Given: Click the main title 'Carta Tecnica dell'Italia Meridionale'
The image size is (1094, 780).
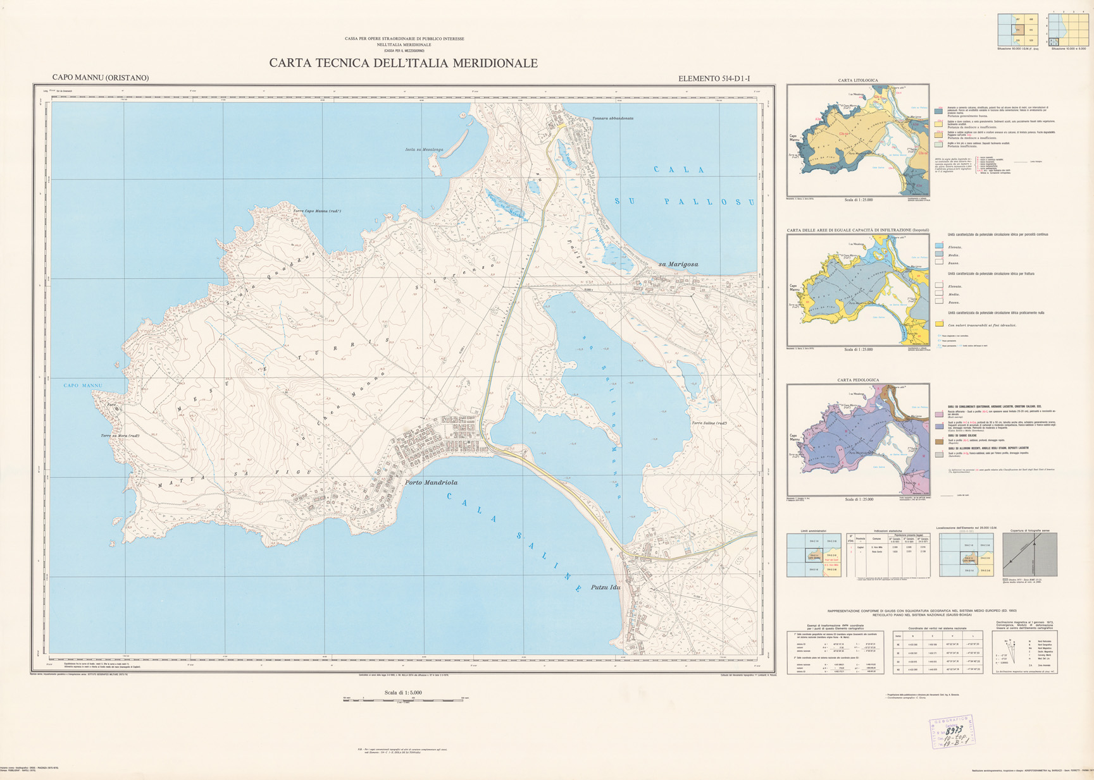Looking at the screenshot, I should pos(403,63).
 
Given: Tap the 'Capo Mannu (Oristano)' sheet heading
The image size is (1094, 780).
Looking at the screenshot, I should pos(101,78).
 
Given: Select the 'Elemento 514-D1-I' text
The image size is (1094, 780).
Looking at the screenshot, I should pos(714,79).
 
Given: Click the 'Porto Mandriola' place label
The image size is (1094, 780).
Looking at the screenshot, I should pos(431,482).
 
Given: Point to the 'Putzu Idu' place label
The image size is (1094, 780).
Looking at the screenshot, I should pos(605,587).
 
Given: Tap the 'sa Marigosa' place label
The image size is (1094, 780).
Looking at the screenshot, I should pos(678,264).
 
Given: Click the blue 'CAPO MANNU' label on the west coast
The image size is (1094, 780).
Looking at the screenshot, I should pos(82,386).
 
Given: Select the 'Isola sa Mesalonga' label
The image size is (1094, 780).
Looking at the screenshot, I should pos(424,150).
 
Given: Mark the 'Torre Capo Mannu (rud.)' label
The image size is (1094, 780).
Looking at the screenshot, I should pos(317,211).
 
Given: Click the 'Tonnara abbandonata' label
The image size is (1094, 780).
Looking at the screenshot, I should pos(612,118).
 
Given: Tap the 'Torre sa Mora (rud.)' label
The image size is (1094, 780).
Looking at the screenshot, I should pos(120,436).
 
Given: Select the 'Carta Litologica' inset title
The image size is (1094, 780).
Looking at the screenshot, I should pos(857,80).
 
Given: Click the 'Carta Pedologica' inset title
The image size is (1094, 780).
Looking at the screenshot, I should pos(857,380).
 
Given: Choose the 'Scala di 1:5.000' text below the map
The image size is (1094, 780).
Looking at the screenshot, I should pos(402,693).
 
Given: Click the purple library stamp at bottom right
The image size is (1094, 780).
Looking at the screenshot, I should pos(952,733).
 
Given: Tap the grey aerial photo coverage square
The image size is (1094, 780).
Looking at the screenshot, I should pos(1029,554).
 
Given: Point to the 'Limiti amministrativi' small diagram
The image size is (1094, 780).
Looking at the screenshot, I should pos(814,554).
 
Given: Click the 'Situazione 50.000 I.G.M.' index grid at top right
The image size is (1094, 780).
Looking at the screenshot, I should pos(1017,30).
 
